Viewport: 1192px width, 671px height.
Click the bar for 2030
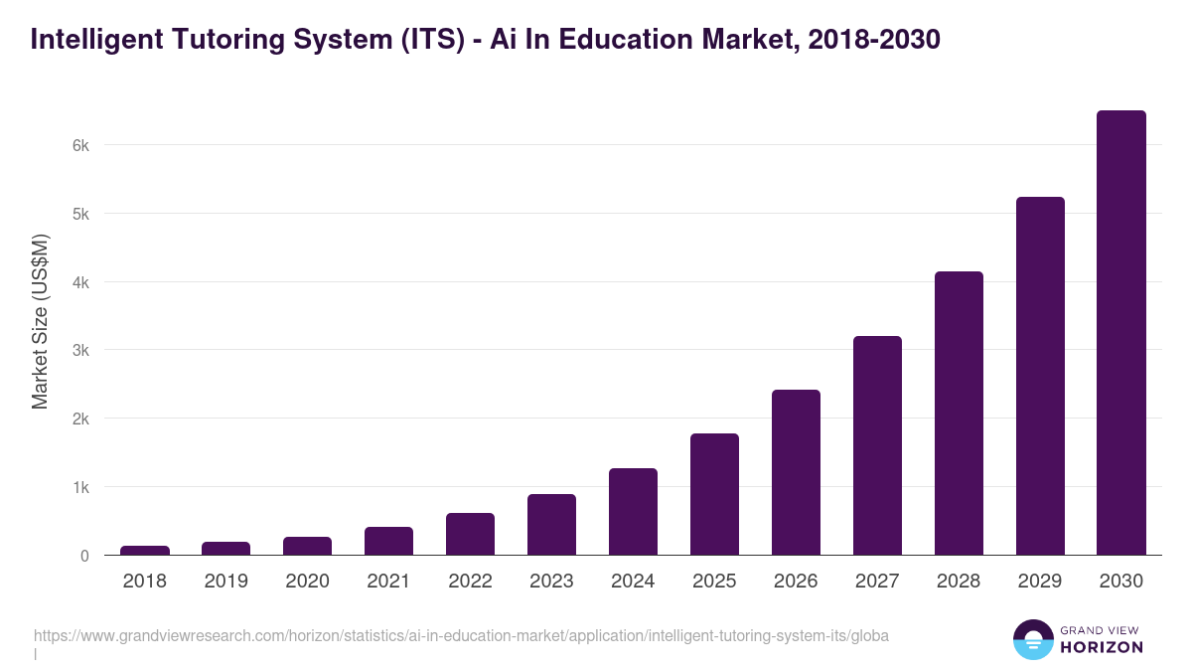tap(1120, 333)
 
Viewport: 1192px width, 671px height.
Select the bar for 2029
tap(1039, 376)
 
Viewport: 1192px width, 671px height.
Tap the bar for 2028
tap(959, 414)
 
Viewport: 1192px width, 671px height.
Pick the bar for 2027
tap(877, 445)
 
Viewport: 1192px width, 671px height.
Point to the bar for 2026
tap(796, 472)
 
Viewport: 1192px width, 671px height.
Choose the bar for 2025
tap(714, 494)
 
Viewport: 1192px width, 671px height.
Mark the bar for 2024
tap(633, 512)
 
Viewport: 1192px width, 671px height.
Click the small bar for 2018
tap(145, 550)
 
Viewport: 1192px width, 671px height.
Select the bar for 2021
tap(388, 541)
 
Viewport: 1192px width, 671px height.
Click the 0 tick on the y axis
tap(84, 556)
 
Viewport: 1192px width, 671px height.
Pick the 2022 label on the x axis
tap(470, 582)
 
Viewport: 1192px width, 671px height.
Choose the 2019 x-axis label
tap(226, 582)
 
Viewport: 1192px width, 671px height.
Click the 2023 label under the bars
tap(551, 582)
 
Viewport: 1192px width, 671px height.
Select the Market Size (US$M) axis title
tap(40, 321)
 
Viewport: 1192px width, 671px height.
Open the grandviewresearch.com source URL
tap(461, 635)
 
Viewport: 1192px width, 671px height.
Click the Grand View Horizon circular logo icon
tap(1032, 639)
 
